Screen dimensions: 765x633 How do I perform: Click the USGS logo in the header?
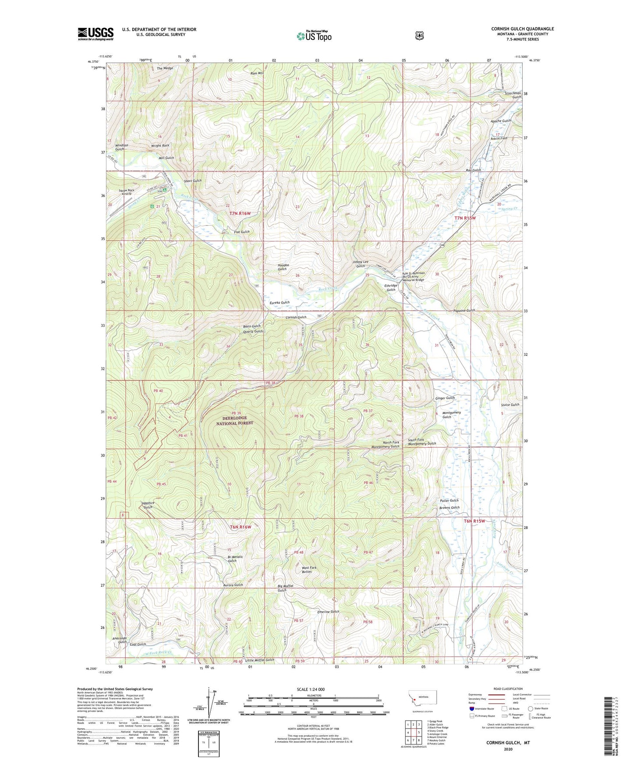[95, 34]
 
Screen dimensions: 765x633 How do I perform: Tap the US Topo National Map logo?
[314, 36]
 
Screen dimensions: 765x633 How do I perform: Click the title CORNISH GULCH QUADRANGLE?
[522, 29]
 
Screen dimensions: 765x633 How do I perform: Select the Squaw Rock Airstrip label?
[126, 192]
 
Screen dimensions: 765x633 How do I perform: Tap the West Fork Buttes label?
[309, 570]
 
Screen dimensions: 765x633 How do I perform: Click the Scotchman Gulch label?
[513, 95]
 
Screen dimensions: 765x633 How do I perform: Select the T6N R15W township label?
[475, 521]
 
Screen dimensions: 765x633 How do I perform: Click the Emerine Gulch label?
[328, 612]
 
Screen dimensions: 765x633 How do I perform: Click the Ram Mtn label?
[256, 73]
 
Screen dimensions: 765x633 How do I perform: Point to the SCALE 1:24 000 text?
[311, 689]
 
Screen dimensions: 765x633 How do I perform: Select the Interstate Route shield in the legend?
[471, 708]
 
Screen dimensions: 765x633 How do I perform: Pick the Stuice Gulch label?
[510, 405]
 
